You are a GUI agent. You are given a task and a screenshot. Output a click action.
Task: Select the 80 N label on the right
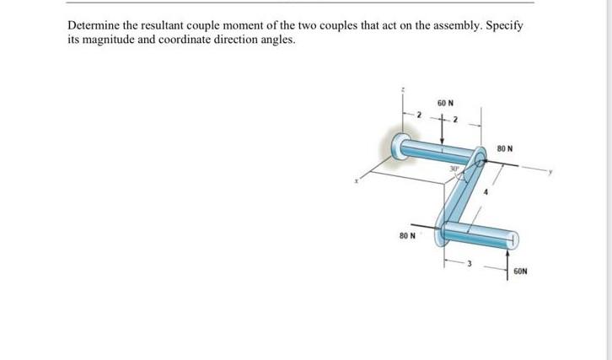point(507,148)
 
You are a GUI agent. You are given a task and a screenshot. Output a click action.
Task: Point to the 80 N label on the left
point(408,235)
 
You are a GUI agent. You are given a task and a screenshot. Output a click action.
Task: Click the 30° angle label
point(453,169)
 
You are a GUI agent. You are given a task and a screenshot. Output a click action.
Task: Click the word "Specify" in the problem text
point(505,26)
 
